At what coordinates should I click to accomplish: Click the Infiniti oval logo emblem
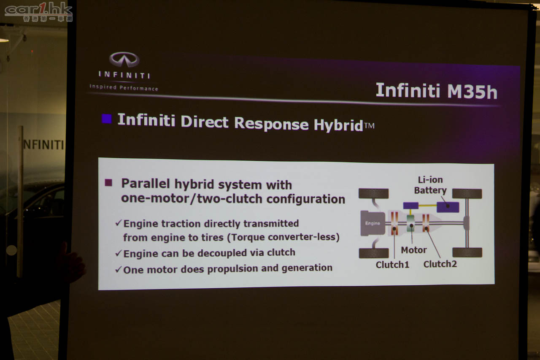[x=124, y=60]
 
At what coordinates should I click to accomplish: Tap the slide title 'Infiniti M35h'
[x=436, y=91]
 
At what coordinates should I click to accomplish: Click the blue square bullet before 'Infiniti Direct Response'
[x=107, y=119]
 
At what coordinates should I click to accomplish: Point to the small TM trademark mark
[x=369, y=126]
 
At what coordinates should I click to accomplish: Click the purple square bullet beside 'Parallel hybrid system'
[x=108, y=182]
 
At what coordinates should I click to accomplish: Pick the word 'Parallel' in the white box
[x=146, y=183]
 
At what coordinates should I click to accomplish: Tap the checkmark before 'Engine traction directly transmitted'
[x=119, y=223]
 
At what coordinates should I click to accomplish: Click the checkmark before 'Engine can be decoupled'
[x=119, y=253]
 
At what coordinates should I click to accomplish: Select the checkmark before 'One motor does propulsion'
[x=119, y=269]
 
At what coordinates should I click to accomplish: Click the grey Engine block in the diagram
[x=373, y=223]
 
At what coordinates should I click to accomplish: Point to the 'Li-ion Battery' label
[x=430, y=185]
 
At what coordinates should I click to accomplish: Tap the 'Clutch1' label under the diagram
[x=392, y=265]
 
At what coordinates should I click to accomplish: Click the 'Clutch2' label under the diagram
[x=440, y=264]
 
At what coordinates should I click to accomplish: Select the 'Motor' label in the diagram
[x=414, y=250]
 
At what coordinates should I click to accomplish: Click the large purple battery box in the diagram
[x=448, y=207]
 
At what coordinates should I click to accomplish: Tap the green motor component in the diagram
[x=410, y=223]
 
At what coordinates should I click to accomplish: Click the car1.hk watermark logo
[x=38, y=11]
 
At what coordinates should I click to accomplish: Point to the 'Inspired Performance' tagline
[x=124, y=88]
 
